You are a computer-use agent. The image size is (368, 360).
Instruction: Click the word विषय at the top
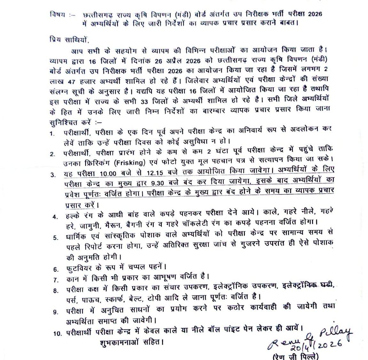pyautogui.click(x=57, y=14)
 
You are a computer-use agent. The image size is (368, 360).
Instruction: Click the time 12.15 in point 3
pyautogui.click(x=155, y=173)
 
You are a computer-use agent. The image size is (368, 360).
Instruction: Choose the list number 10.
pyautogui.click(x=57, y=333)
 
